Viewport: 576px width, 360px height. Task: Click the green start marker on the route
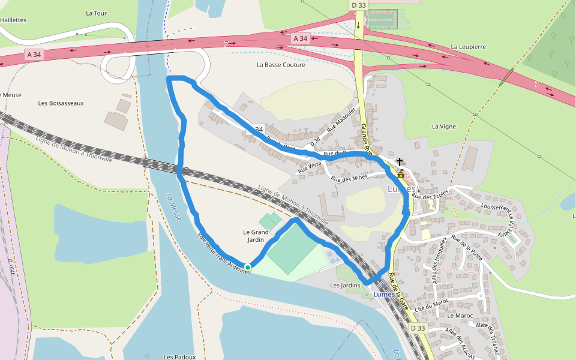pyautogui.click(x=248, y=268)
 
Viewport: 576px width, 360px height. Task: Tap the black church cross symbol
pyautogui.click(x=400, y=162)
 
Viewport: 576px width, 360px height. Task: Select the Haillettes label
pyautogui.click(x=13, y=20)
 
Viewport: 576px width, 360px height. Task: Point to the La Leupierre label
pyautogui.click(x=468, y=46)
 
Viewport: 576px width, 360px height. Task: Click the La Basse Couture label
pyautogui.click(x=281, y=65)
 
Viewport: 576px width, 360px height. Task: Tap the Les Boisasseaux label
pyautogui.click(x=61, y=103)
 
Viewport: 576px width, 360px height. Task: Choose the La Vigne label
pyautogui.click(x=444, y=127)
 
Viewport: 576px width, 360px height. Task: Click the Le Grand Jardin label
pyautogui.click(x=256, y=236)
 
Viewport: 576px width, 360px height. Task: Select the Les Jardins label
pyautogui.click(x=345, y=286)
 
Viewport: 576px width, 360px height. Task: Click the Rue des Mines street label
pyautogui.click(x=349, y=178)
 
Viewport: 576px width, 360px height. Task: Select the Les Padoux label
pyautogui.click(x=179, y=357)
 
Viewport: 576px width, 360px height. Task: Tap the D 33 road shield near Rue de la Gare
pyautogui.click(x=418, y=328)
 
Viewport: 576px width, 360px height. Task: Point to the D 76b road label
pyautogui.click(x=11, y=267)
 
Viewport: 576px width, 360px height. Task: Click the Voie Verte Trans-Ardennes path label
pyautogui.click(x=223, y=253)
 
